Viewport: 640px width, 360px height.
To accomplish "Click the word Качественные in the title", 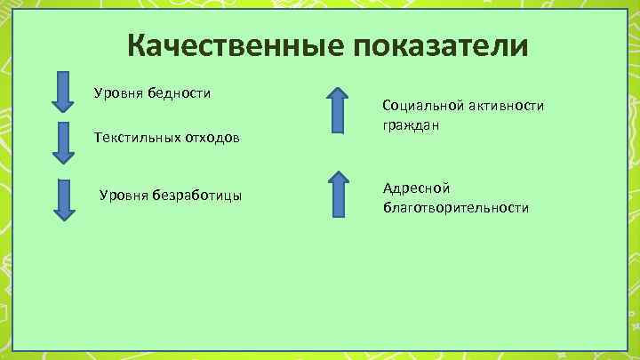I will point(234,45).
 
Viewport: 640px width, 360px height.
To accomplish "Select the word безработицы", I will point(198,195).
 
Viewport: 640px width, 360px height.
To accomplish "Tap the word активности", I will point(505,106).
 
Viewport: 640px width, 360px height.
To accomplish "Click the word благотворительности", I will point(455,207).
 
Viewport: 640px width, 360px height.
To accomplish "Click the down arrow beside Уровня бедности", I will point(62,92).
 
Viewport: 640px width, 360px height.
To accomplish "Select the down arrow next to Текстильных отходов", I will point(62,142).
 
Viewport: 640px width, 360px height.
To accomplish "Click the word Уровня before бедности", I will point(114,92).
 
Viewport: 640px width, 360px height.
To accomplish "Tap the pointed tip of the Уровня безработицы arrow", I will point(63,219).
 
